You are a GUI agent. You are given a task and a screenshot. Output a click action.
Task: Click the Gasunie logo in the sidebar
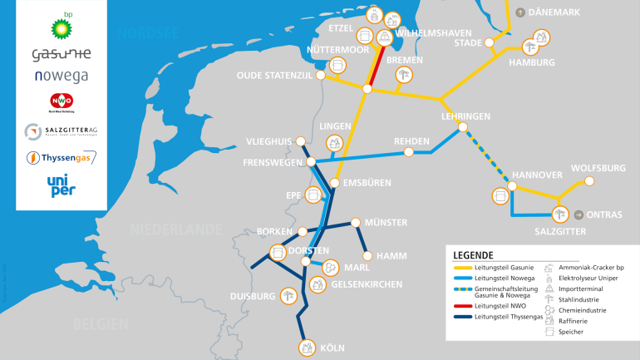[62, 54]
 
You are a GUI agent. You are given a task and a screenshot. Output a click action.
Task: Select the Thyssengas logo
[62, 156]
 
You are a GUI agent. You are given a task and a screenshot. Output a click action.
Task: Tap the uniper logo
[61, 186]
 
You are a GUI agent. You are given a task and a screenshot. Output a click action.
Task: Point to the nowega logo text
[62, 76]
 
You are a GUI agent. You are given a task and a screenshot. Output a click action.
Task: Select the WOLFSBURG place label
[598, 168]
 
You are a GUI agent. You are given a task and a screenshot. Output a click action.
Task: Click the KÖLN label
[332, 348]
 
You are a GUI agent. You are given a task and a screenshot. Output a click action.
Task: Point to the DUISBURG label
[252, 296]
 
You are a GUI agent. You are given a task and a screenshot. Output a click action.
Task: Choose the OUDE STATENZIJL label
[273, 75]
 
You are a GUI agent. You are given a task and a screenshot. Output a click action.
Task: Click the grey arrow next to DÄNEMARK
[520, 12]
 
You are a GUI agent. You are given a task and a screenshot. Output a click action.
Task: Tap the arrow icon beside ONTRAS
[578, 215]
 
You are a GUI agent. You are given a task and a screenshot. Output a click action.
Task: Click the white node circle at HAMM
[367, 255]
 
